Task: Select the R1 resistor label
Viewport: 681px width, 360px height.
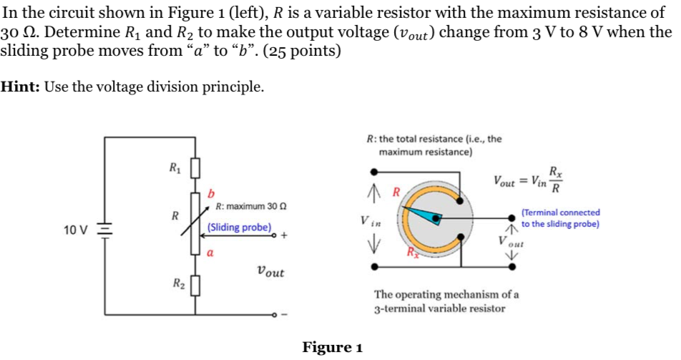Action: click(174, 169)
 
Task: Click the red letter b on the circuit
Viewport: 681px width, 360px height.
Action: click(210, 193)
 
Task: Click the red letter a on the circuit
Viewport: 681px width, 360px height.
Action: click(210, 252)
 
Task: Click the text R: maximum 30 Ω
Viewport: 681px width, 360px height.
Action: click(246, 207)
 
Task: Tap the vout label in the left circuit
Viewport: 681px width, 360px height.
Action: click(269, 272)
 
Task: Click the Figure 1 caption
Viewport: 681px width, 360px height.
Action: click(332, 348)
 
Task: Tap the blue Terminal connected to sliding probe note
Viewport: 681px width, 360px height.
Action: click(561, 218)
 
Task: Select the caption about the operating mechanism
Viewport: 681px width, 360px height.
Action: click(447, 301)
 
